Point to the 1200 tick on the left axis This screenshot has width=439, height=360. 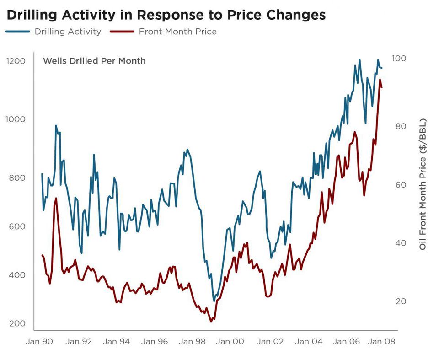(x=16, y=61)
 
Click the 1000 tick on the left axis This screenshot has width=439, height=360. (x=16, y=119)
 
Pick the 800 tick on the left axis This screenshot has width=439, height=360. (x=17, y=177)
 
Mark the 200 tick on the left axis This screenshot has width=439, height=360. (x=17, y=323)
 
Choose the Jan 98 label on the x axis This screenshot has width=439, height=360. (x=191, y=341)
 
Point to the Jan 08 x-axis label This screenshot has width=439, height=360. (x=382, y=341)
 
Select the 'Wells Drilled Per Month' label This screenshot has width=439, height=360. (x=94, y=60)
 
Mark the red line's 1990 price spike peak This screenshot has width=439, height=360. (x=56, y=199)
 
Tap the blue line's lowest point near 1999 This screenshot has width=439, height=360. (x=214, y=301)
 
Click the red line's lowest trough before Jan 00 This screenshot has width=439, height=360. (x=211, y=322)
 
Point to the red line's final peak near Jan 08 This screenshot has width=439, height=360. (x=380, y=80)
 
